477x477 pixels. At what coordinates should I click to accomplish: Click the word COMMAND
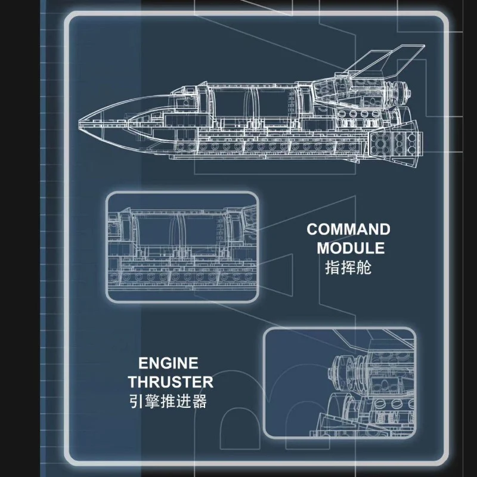pyautogui.click(x=348, y=230)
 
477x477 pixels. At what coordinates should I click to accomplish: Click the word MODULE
pyautogui.click(x=351, y=248)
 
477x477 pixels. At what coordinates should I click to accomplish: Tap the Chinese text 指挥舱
pyautogui.click(x=348, y=268)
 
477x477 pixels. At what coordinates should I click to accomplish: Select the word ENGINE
pyautogui.click(x=168, y=363)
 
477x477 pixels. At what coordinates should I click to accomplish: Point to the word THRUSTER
pyautogui.click(x=171, y=382)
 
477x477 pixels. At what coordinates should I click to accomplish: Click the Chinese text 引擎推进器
pyautogui.click(x=168, y=401)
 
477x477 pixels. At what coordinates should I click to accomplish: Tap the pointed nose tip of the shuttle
pyautogui.click(x=79, y=125)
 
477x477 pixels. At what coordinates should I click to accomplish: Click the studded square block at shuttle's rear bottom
pyautogui.click(x=395, y=142)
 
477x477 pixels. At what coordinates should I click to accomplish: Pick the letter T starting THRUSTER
pyautogui.click(x=133, y=382)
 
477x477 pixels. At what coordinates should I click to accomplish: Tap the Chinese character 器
pyautogui.click(x=199, y=401)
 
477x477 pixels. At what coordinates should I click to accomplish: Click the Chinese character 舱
pyautogui.click(x=364, y=268)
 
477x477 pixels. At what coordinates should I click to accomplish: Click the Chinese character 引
pyautogui.click(x=137, y=401)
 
